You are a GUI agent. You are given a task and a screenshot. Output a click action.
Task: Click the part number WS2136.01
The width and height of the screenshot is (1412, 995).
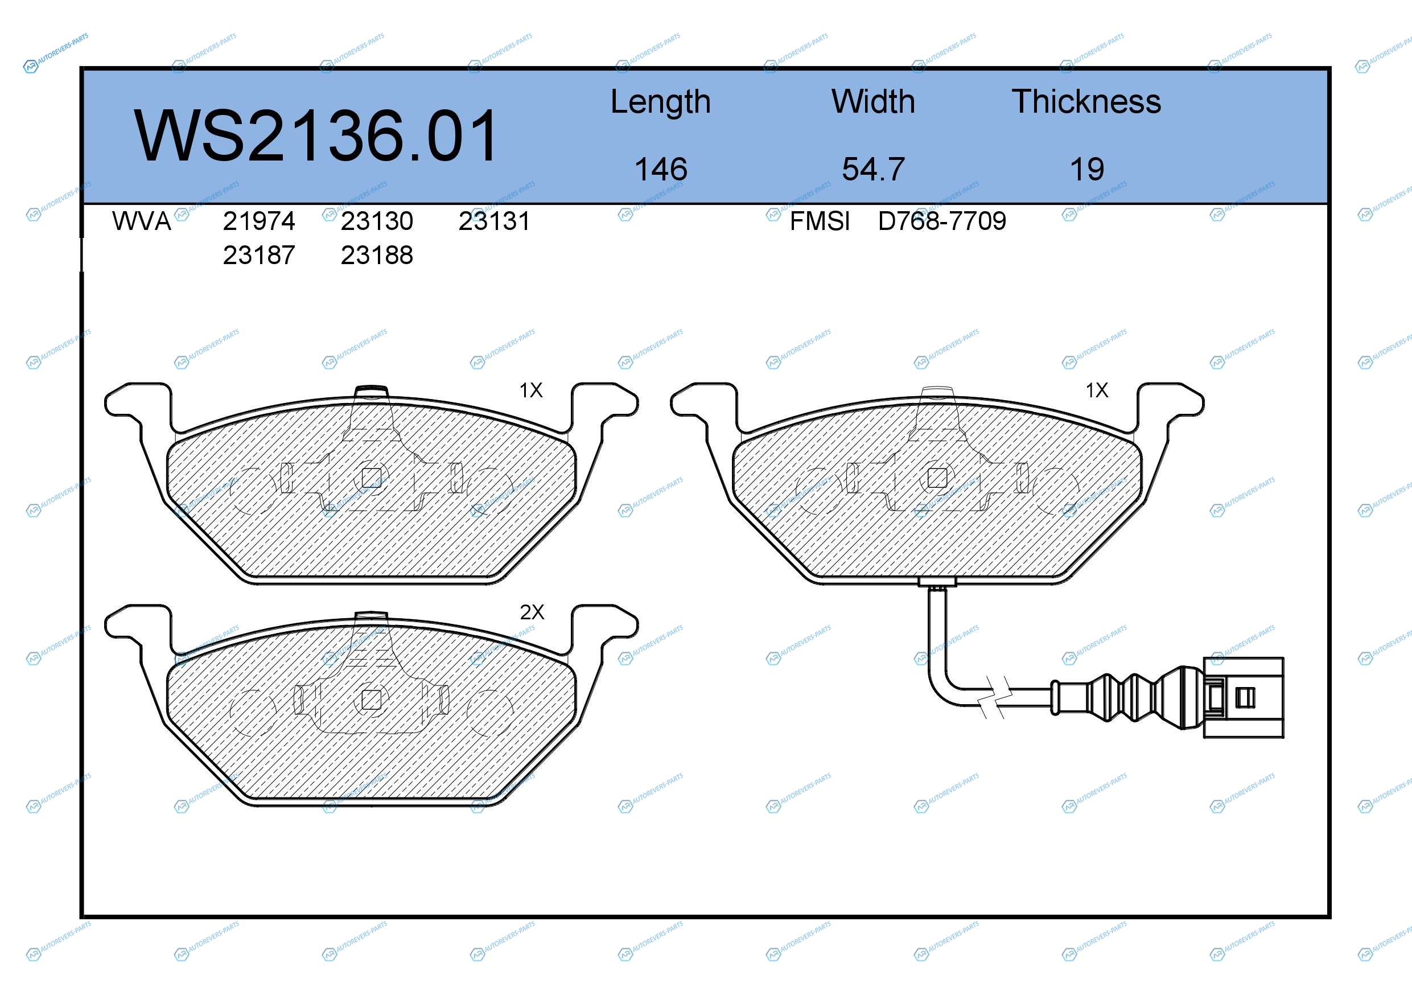pos(316,136)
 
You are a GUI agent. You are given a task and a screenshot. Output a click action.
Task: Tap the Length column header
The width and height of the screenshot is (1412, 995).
pos(661,102)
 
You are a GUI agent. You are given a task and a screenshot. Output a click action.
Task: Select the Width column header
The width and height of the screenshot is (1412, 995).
pos(872,101)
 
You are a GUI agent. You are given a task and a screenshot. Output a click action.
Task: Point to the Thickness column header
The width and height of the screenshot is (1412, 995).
pos(1086,101)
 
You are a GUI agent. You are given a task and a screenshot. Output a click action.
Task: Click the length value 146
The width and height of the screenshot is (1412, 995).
pos(661,169)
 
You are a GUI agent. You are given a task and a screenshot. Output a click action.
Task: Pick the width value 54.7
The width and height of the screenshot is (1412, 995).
pos(873,169)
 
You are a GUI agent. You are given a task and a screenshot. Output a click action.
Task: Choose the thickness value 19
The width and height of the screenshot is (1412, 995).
pos(1086,169)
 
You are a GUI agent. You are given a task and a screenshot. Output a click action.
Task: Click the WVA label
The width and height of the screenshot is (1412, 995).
pos(142,221)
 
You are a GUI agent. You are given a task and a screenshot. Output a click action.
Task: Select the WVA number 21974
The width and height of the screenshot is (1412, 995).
pos(259,221)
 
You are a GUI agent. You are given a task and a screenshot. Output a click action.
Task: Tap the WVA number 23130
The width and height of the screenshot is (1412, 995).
pos(377,221)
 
